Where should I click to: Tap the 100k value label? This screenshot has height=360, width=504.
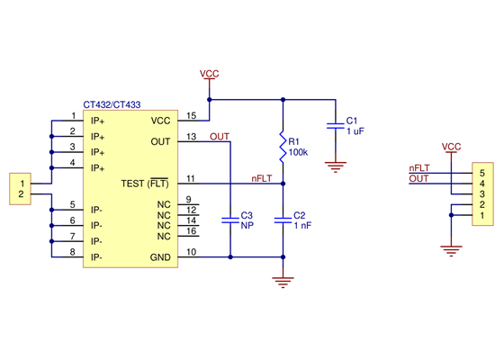coord(298,152)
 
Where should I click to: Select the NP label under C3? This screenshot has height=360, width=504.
coord(246,226)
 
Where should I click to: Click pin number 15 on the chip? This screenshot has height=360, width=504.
coord(191,115)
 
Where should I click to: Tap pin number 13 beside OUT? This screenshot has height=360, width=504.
coord(191,137)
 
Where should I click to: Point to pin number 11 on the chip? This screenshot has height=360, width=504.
coord(191,179)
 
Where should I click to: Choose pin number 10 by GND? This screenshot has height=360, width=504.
coord(191,252)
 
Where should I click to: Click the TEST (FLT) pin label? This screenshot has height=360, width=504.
coord(145,184)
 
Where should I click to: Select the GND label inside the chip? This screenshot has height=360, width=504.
coord(159,257)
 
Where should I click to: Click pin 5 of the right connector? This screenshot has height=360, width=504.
coord(482,172)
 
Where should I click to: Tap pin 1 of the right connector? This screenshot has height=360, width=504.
coord(482,216)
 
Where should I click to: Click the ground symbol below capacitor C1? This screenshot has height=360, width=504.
coord(335,165)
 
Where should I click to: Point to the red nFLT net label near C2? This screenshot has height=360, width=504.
coord(261,179)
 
